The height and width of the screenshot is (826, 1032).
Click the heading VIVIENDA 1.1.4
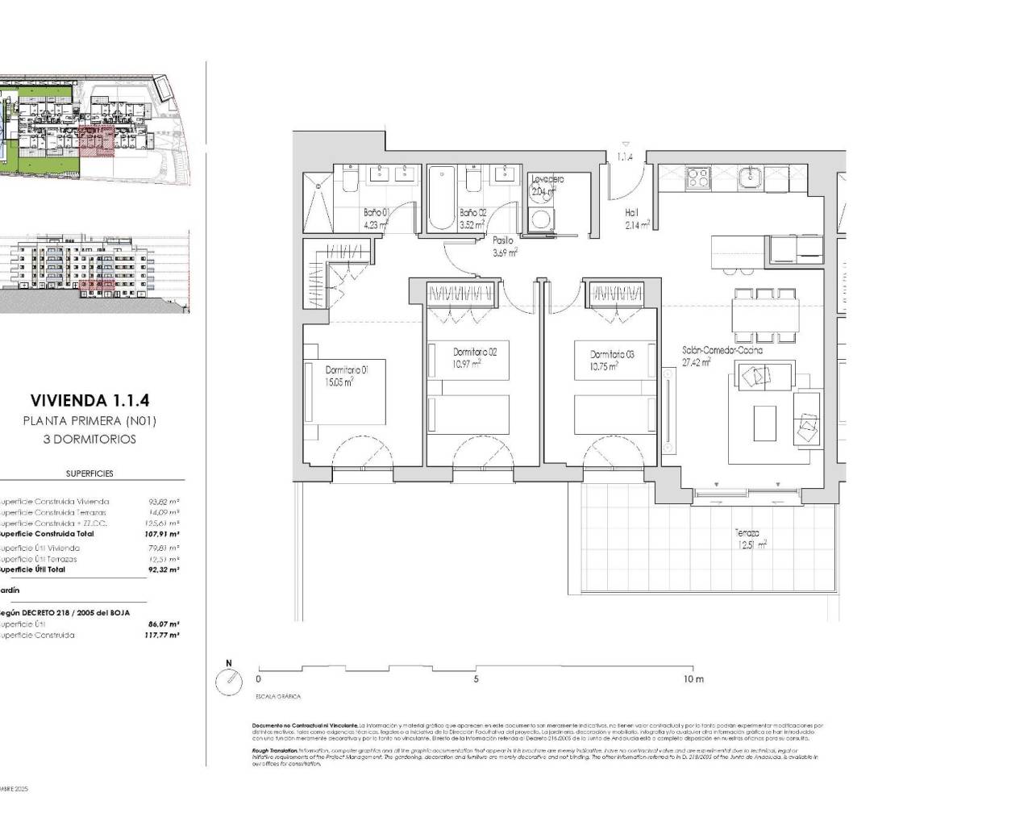click(x=89, y=399)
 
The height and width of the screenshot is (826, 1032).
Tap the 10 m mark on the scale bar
click(x=693, y=679)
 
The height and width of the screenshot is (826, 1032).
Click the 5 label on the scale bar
click(x=476, y=679)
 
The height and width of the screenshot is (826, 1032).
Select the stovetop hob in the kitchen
click(x=698, y=177)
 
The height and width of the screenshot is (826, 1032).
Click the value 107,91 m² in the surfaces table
click(x=163, y=534)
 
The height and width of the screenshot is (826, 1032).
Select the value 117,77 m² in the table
click(x=163, y=635)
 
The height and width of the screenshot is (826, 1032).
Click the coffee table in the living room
click(x=764, y=423)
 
